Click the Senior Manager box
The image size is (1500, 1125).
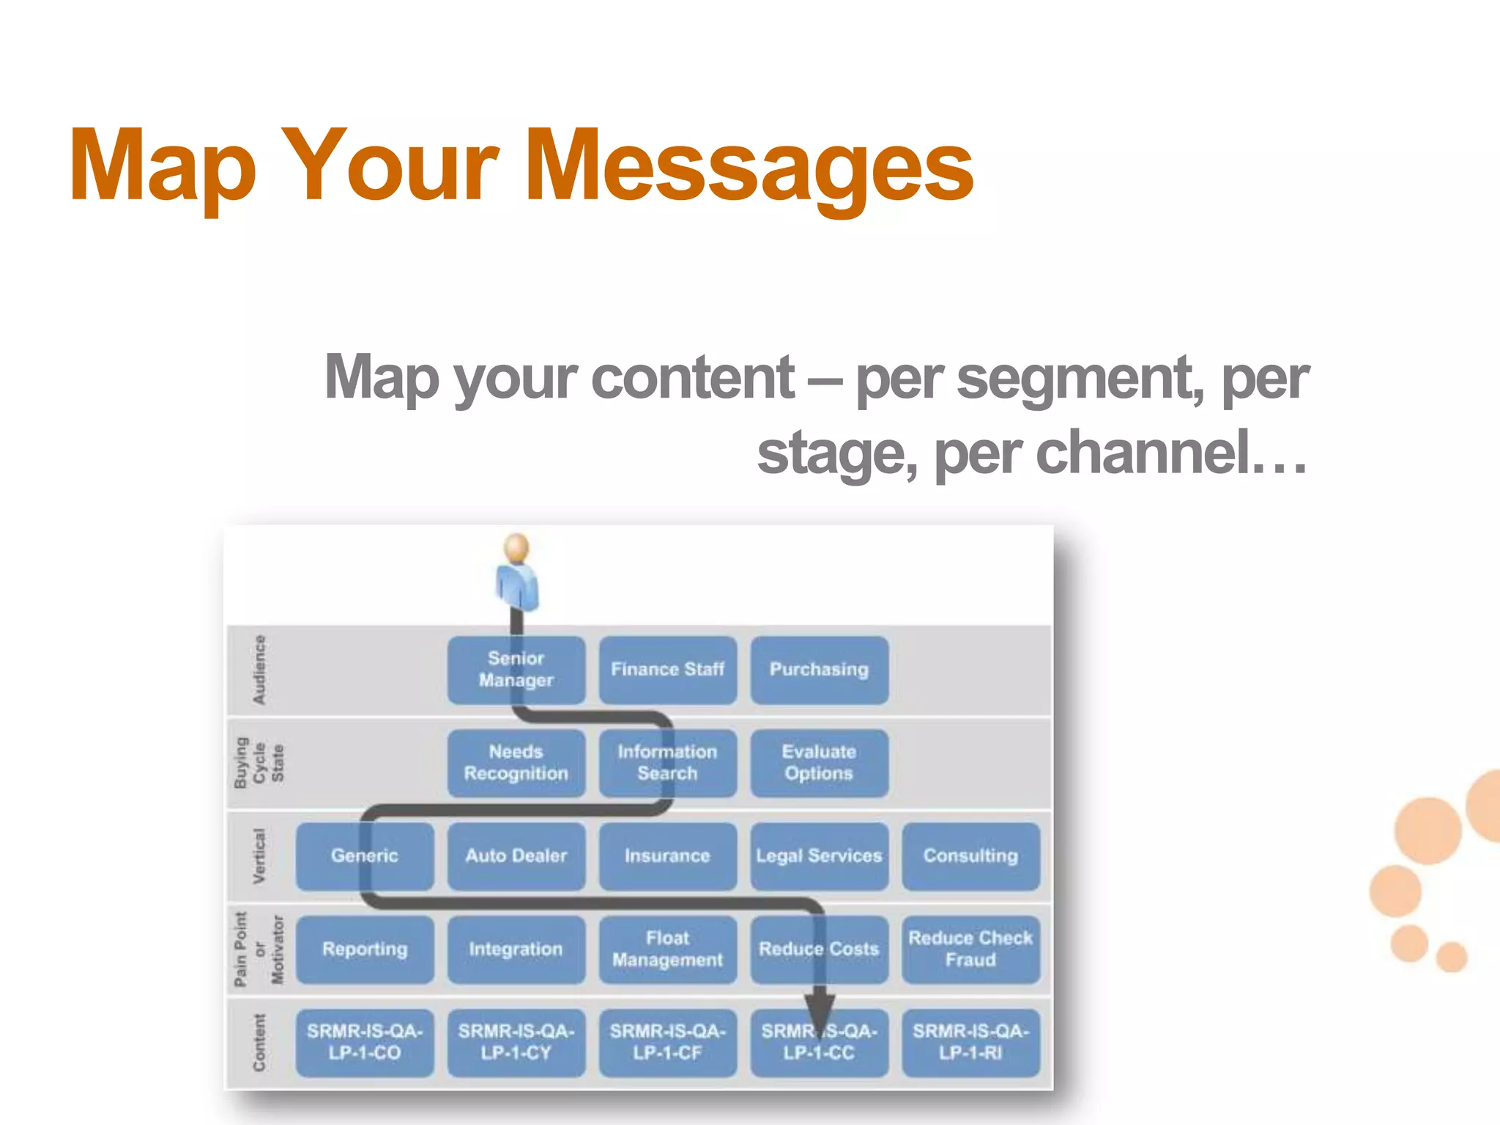[516, 669]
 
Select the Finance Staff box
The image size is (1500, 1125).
[667, 669]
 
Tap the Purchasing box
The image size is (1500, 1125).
[819, 669]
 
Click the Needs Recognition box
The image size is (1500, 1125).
[516, 762]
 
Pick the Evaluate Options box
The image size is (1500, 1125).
[819, 762]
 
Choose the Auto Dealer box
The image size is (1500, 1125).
[516, 855]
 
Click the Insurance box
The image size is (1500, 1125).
[667, 855]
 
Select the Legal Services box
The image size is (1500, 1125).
[819, 855]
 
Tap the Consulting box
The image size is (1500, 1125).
[970, 855]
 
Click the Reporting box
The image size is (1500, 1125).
[365, 949]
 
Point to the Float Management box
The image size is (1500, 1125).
[667, 949]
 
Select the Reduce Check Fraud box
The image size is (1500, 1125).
[970, 949]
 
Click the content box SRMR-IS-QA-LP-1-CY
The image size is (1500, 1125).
[516, 1042]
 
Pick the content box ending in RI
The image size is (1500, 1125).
[970, 1042]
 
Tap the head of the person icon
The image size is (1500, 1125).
[517, 547]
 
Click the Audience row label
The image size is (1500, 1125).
[259, 669]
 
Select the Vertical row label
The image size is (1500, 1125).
[259, 855]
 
